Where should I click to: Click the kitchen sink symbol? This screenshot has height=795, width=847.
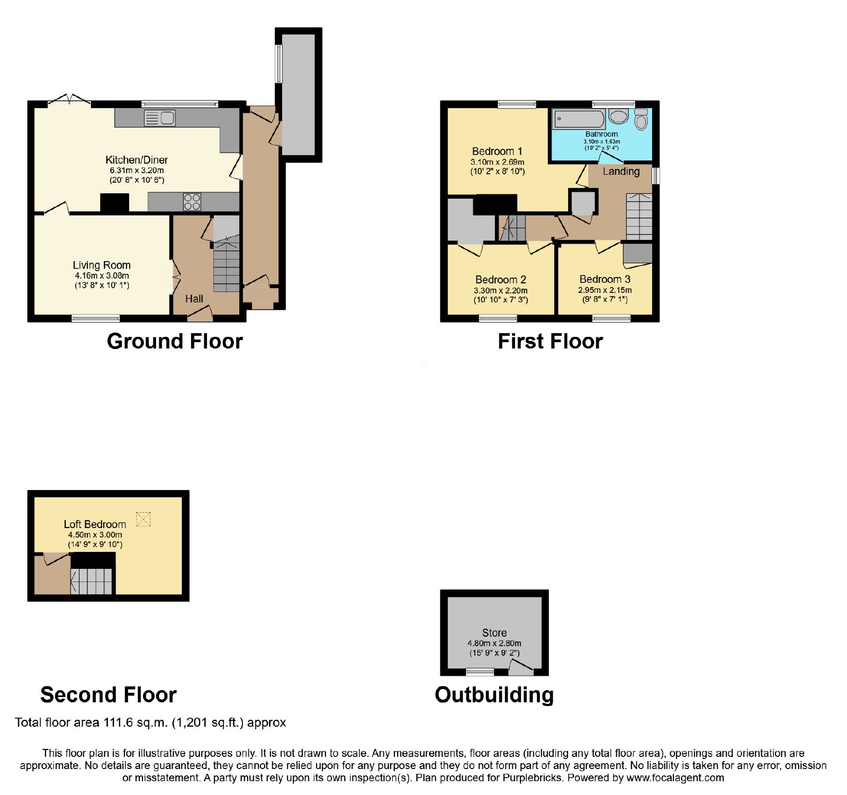pos(159,118)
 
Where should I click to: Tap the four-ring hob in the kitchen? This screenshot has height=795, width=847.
pos(192,202)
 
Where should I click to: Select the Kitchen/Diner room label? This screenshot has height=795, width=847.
pos(137,160)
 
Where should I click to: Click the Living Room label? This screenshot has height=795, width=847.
pos(102,265)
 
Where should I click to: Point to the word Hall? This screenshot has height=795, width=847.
pos(194,299)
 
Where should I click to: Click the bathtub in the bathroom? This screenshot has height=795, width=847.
pos(579,119)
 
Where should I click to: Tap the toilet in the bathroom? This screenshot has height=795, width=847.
pos(641,119)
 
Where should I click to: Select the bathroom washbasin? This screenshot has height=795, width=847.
pos(618,116)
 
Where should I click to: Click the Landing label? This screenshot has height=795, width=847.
pos(621,172)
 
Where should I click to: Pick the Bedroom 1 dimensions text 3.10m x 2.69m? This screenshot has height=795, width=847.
pos(498,162)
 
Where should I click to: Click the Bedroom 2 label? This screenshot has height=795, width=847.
pos(501,280)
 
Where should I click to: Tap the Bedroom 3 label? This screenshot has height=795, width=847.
pos(605,279)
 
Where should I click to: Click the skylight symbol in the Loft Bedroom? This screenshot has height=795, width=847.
pos(143,519)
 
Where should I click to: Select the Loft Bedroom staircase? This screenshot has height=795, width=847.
pos(92,581)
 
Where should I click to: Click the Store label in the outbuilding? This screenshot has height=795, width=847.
pos(494,633)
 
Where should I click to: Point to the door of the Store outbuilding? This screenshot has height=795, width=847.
pos(521,667)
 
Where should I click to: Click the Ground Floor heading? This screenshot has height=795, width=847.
pos(175,341)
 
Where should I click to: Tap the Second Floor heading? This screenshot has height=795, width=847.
pos(109,695)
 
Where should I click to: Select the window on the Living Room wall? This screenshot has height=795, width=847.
pos(96,318)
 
